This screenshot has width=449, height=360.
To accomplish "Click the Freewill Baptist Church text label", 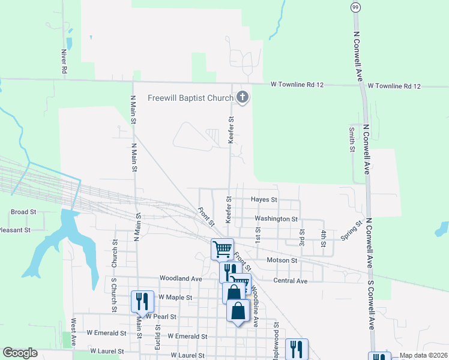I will pyautogui.click(x=191, y=97).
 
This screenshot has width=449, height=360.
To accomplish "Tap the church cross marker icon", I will pyautogui.click(x=243, y=97).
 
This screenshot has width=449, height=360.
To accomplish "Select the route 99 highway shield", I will pyautogui.click(x=355, y=6).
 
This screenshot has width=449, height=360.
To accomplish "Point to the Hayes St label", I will pyautogui.click(x=264, y=199).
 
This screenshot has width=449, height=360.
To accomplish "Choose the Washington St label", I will pyautogui.click(x=276, y=219).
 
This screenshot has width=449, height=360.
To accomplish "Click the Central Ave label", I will pyautogui.click(x=290, y=281).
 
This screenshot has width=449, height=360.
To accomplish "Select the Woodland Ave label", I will pyautogui.click(x=181, y=278).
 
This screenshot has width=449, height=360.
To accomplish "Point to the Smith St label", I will pyautogui.click(x=352, y=139).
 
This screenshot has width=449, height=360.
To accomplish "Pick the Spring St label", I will pyautogui.click(x=352, y=231).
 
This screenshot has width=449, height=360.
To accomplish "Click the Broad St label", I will pyautogui.click(x=24, y=212).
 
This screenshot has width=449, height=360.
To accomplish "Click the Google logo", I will pyautogui.click(x=20, y=353).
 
